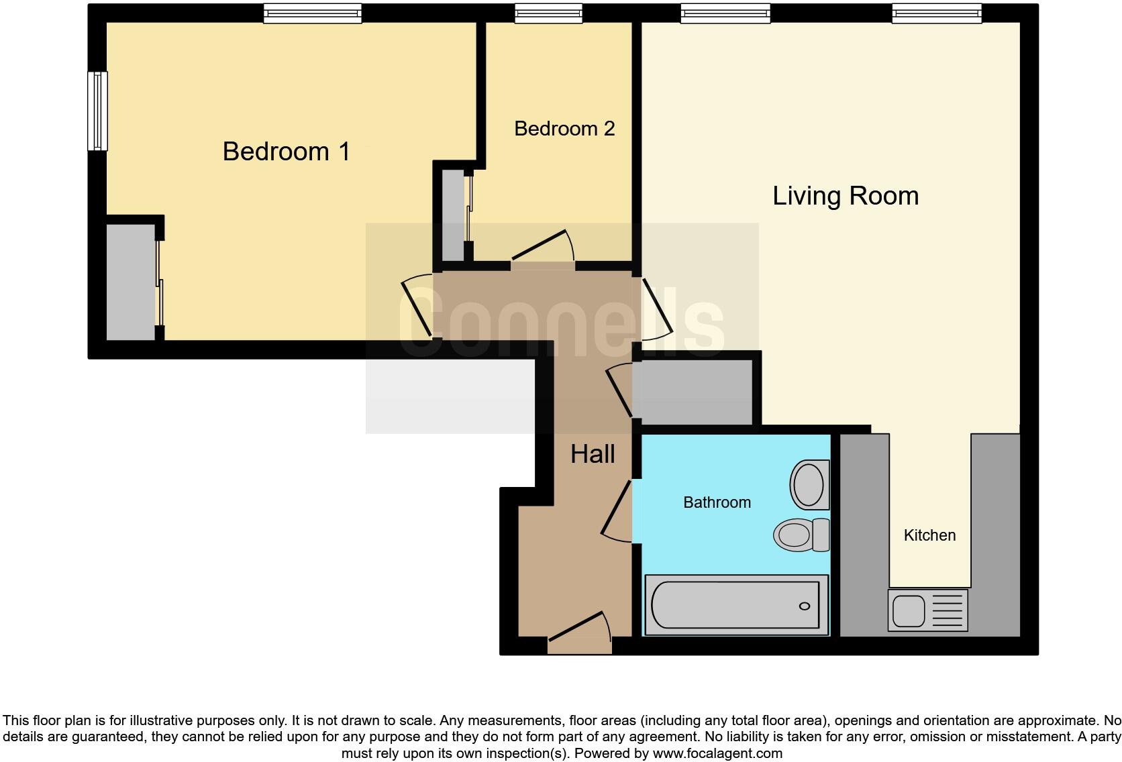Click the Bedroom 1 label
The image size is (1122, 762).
coord(286,152)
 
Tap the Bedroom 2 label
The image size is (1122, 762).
coord(564,129)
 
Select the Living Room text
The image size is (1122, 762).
coord(845,196)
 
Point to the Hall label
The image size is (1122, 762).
coord(593,455)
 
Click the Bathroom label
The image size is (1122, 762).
coord(717,502)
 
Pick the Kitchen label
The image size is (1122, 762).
coord(929,535)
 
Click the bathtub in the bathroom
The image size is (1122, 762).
coord(735,605)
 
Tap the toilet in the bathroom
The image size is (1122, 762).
coord(801,535)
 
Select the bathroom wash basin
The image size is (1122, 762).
coord(809,484)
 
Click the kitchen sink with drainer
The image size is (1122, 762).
coord(927,610)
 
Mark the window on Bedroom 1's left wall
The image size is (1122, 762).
coord(98,111)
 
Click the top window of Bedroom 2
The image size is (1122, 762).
coord(548,13)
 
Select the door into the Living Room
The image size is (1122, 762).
coord(655,310)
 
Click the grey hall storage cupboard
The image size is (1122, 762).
coord(695,392)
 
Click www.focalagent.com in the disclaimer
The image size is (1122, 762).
coord(717,753)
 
